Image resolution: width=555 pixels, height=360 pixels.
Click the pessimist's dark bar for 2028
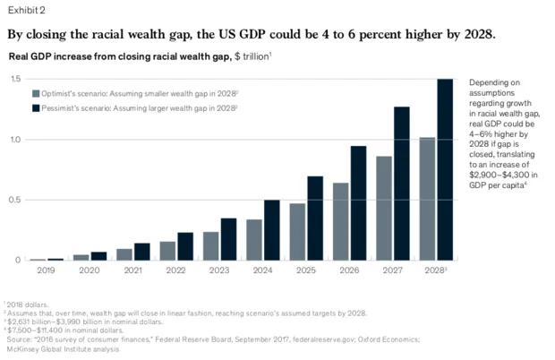[x=444, y=169]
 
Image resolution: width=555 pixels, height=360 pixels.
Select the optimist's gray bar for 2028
[x=427, y=199]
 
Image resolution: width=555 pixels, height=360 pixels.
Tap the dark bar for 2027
[x=401, y=184]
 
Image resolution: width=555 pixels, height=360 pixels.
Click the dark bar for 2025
[x=315, y=218]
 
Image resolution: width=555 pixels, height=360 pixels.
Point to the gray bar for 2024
[x=254, y=239]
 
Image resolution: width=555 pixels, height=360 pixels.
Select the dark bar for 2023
[x=228, y=238]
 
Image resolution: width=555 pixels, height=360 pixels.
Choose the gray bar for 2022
[x=167, y=250]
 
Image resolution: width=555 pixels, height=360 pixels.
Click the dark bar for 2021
[x=141, y=251]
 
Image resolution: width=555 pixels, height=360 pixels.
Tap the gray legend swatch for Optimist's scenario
[x=36, y=92]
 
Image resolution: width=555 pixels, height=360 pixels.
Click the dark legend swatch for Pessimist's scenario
[x=36, y=107]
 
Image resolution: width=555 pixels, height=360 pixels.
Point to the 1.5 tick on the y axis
[x=15, y=80]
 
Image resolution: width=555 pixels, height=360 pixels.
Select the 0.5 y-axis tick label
[x=15, y=200]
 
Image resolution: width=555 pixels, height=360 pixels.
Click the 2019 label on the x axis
[x=46, y=270]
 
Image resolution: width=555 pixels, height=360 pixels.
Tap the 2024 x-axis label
[x=262, y=270]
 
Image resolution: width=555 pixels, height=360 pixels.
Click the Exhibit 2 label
[x=28, y=10]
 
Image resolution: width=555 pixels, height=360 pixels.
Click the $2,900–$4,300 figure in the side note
[x=498, y=176]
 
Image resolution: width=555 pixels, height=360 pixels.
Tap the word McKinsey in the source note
[x=22, y=349]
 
